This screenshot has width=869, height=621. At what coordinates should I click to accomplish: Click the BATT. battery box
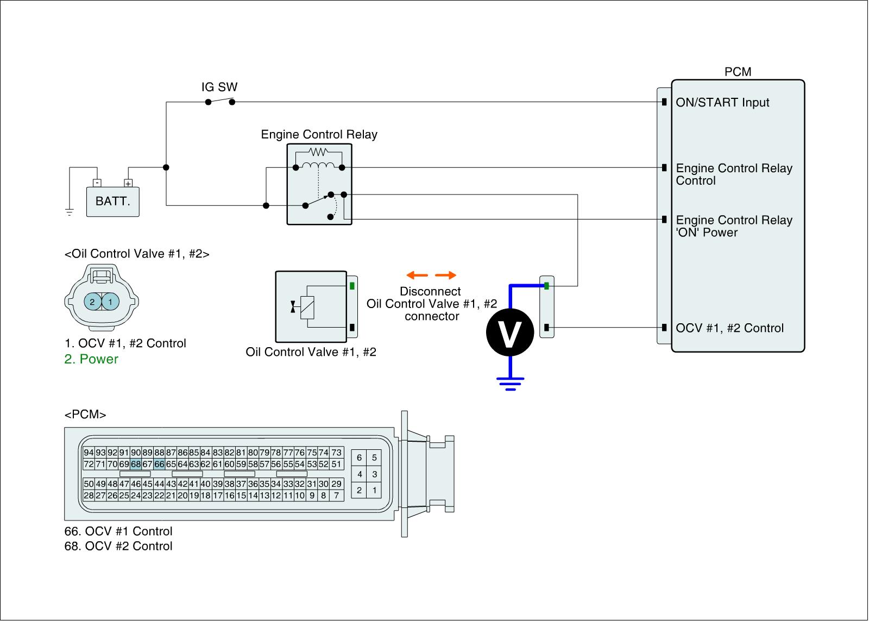coord(113,202)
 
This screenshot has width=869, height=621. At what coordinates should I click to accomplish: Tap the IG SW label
coord(219,87)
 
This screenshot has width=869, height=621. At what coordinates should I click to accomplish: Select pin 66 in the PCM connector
coord(159,464)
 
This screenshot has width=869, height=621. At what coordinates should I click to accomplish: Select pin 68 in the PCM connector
coord(136,464)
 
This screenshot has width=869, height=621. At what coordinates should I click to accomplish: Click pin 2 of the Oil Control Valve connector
coord(93,302)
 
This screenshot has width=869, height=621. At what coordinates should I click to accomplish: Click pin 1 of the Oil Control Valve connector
coord(110,302)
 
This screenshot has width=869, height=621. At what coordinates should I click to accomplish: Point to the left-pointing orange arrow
coord(417,275)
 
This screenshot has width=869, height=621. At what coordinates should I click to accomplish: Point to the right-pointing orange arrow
coord(445,275)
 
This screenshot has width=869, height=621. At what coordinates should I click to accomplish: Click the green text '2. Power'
coord(91,359)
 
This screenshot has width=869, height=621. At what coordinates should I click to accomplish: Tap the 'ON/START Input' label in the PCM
coord(722,103)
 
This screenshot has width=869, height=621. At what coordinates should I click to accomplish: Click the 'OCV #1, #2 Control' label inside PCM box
coord(729,328)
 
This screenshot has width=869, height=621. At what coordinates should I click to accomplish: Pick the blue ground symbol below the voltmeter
coord(509,384)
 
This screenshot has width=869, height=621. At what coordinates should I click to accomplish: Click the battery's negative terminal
coord(96,183)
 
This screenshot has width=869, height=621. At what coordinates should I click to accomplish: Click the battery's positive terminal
coord(128,183)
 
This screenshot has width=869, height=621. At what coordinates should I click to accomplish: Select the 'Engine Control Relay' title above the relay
coord(319,134)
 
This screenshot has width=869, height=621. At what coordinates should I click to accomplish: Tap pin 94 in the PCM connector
coord(89,453)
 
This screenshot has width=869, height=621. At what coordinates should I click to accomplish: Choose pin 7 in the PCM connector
coord(337,495)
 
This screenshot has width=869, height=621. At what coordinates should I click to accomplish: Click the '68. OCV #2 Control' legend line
coord(118,546)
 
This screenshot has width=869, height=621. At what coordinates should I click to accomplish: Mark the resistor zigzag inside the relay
coord(319,152)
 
